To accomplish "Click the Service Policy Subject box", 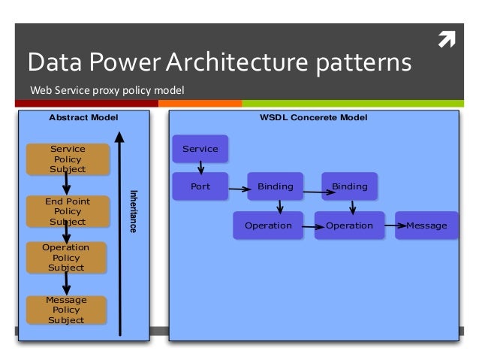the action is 68,159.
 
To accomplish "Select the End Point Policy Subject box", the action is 68,211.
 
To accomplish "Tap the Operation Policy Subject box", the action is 66,258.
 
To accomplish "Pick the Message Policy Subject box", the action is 66,310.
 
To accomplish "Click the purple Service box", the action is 200,149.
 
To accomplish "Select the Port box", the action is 200,186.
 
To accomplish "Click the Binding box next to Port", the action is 276,186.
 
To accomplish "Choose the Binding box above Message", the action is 349,186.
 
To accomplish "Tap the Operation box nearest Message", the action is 349,225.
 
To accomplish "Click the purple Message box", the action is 426,225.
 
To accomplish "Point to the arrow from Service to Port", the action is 200,168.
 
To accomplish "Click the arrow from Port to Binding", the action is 239,189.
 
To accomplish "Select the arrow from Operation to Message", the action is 396,225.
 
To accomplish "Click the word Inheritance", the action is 134,211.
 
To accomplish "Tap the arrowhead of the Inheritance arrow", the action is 119,137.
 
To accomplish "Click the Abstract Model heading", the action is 83,117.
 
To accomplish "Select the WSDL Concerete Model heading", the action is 313,117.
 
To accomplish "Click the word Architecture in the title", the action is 237,62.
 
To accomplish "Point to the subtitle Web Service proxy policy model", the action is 107,90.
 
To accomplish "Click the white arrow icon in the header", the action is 447,39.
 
